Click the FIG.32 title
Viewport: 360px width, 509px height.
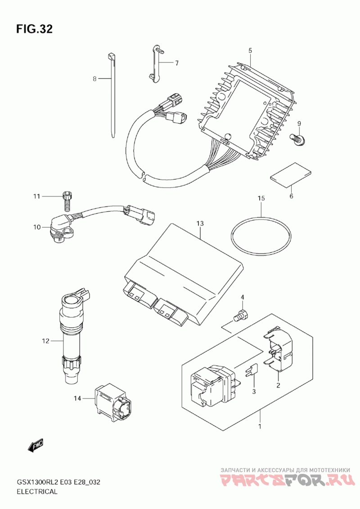click(x=34, y=29)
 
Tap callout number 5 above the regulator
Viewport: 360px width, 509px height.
click(x=250, y=50)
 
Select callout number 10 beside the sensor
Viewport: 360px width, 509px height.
click(x=37, y=227)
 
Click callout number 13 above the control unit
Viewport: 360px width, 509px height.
click(x=200, y=223)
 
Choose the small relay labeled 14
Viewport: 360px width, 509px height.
click(x=113, y=399)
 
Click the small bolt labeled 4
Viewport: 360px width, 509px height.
click(x=242, y=315)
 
